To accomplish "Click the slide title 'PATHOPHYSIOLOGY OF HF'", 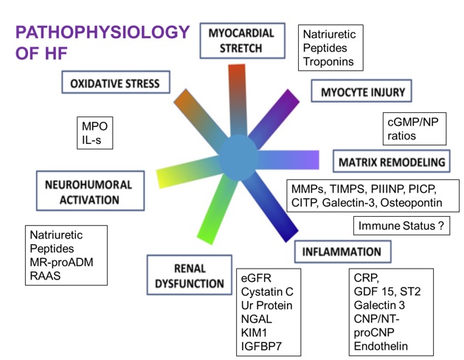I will [x=102, y=44].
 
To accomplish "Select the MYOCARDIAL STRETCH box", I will [x=241, y=41].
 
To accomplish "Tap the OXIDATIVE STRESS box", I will [x=114, y=84].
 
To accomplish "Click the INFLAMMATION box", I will [x=342, y=252].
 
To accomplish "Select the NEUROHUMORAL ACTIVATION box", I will [x=80, y=192].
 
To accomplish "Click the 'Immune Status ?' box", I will [x=401, y=226].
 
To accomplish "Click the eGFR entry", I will [x=257, y=279].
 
